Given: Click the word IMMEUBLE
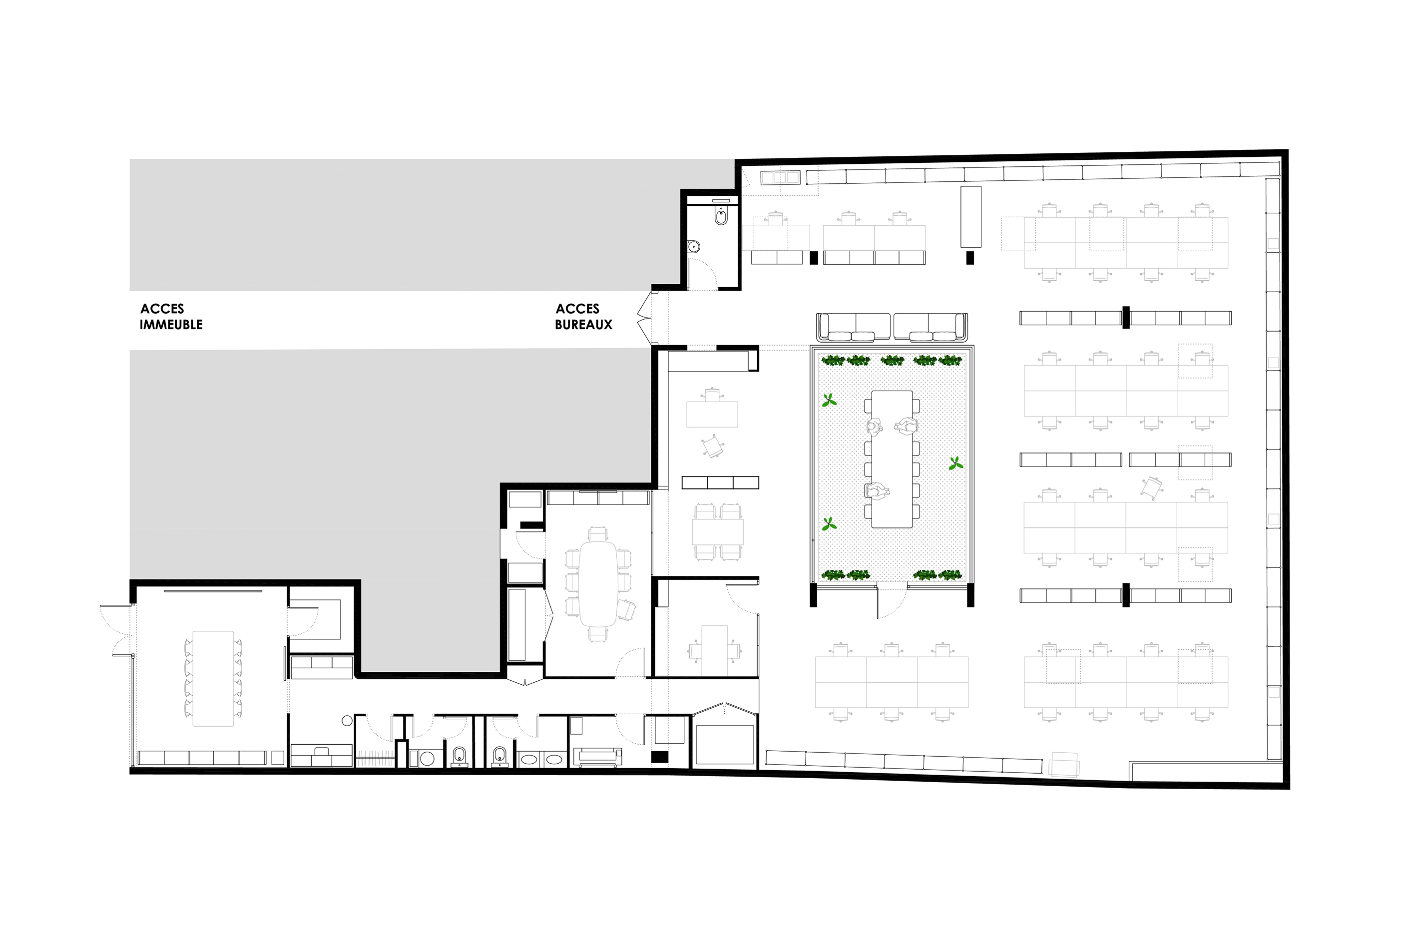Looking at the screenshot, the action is (x=171, y=325).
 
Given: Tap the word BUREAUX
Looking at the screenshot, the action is (x=584, y=325).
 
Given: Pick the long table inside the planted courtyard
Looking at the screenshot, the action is (x=892, y=459).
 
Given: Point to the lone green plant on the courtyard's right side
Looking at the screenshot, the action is (x=955, y=463).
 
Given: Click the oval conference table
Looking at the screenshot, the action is (x=598, y=583).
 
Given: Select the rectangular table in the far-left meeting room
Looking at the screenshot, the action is (x=213, y=678).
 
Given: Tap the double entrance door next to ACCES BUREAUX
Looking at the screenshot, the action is (x=644, y=319).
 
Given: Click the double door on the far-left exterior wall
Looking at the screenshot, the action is (x=116, y=630).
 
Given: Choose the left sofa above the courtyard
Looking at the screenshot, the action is (x=854, y=327).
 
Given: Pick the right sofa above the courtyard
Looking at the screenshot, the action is (x=930, y=327).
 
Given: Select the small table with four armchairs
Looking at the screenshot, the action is (x=718, y=532).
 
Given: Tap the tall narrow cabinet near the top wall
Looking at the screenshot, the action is (x=970, y=217).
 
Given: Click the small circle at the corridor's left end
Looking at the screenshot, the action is (x=347, y=721).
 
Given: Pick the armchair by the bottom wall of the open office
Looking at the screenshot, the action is (x=1064, y=765).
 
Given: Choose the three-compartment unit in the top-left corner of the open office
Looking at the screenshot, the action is (x=780, y=177).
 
